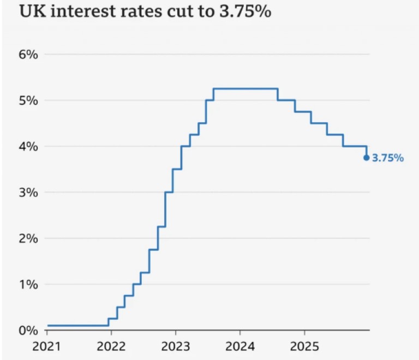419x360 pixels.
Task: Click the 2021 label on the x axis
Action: [47, 347]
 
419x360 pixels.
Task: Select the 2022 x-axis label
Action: [111, 347]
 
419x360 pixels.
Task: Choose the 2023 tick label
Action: [176, 347]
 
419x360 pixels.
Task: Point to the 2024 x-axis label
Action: [240, 347]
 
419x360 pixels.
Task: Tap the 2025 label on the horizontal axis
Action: [304, 347]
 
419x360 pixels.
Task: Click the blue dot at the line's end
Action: [367, 158]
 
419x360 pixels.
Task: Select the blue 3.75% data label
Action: [388, 159]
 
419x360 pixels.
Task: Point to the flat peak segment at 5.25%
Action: [246, 89]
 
